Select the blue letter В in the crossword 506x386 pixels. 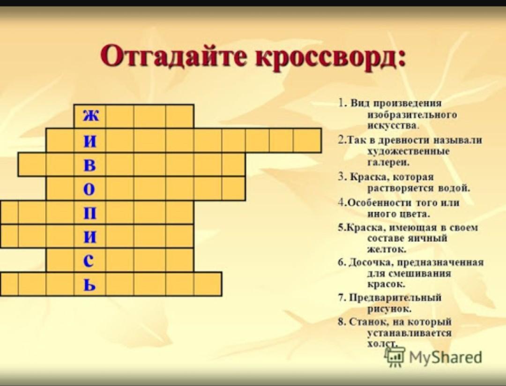(90, 165)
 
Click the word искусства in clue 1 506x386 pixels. (392, 126)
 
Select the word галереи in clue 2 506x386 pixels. (388, 163)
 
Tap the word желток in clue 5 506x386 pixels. (387, 249)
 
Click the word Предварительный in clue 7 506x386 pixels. (395, 297)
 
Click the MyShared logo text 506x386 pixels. (446, 357)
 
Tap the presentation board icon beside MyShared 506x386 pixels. (394, 356)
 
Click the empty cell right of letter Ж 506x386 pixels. (120, 116)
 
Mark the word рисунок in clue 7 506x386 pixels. (389, 309)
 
